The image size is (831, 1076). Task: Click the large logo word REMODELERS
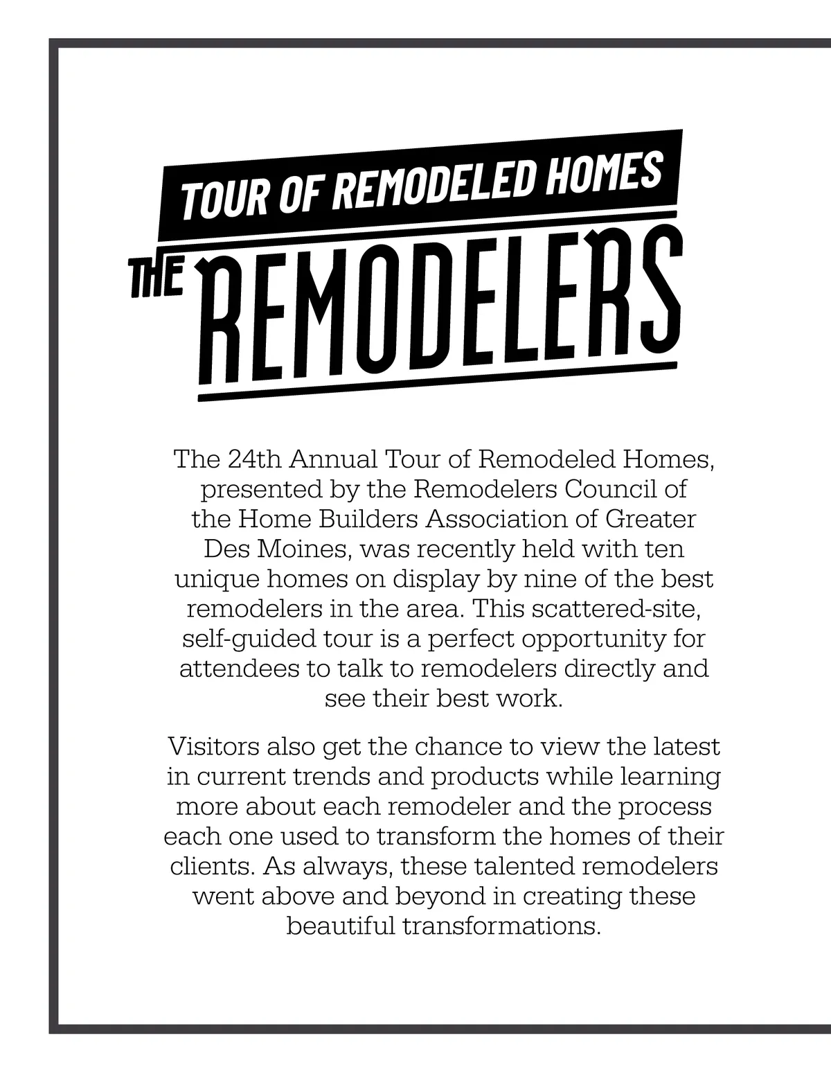pyautogui.click(x=440, y=312)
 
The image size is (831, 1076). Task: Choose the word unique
pyautogui.click(x=217, y=579)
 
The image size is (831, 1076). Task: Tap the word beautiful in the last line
pyautogui.click(x=340, y=926)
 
